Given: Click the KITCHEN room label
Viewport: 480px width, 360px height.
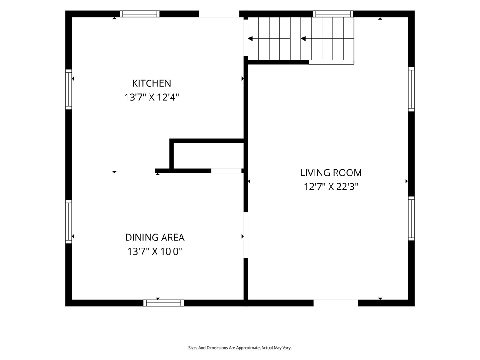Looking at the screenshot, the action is pyautogui.click(x=151, y=83).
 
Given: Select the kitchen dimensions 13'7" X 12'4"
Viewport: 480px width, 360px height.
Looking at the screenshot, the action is pyautogui.click(x=151, y=97).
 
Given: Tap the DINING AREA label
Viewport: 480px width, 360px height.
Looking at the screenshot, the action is pyautogui.click(x=155, y=238).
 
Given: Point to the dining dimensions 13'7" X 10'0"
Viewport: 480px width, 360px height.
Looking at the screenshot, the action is pyautogui.click(x=155, y=252).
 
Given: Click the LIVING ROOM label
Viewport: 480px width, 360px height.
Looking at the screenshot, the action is pyautogui.click(x=331, y=172).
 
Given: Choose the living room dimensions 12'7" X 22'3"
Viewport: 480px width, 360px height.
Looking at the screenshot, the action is pyautogui.click(x=331, y=187).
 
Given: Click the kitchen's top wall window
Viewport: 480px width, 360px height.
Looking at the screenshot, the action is pyautogui.click(x=140, y=14).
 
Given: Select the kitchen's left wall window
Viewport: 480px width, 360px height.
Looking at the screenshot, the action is pyautogui.click(x=68, y=90).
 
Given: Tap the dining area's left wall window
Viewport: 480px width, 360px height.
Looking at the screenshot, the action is pyautogui.click(x=68, y=222).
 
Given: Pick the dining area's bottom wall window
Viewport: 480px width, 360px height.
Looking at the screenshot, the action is pyautogui.click(x=164, y=303).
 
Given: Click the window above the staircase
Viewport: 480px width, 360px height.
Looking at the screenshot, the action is pyautogui.click(x=333, y=14).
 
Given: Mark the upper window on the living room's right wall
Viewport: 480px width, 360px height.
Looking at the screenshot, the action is pyautogui.click(x=412, y=89).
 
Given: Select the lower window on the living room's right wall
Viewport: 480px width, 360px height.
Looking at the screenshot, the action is pyautogui.click(x=412, y=218).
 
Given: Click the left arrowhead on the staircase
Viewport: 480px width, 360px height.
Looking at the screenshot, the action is pyautogui.click(x=250, y=38).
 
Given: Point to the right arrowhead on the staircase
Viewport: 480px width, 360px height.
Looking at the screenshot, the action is pyautogui.click(x=303, y=38).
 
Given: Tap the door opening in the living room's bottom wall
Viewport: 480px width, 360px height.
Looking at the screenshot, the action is pyautogui.click(x=336, y=303).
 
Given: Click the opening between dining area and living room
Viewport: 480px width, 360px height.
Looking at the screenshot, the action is pyautogui.click(x=246, y=235).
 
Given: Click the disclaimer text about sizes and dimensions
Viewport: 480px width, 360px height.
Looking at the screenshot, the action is pyautogui.click(x=240, y=348).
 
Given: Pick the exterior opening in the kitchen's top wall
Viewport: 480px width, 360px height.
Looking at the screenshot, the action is pyautogui.click(x=219, y=14).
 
